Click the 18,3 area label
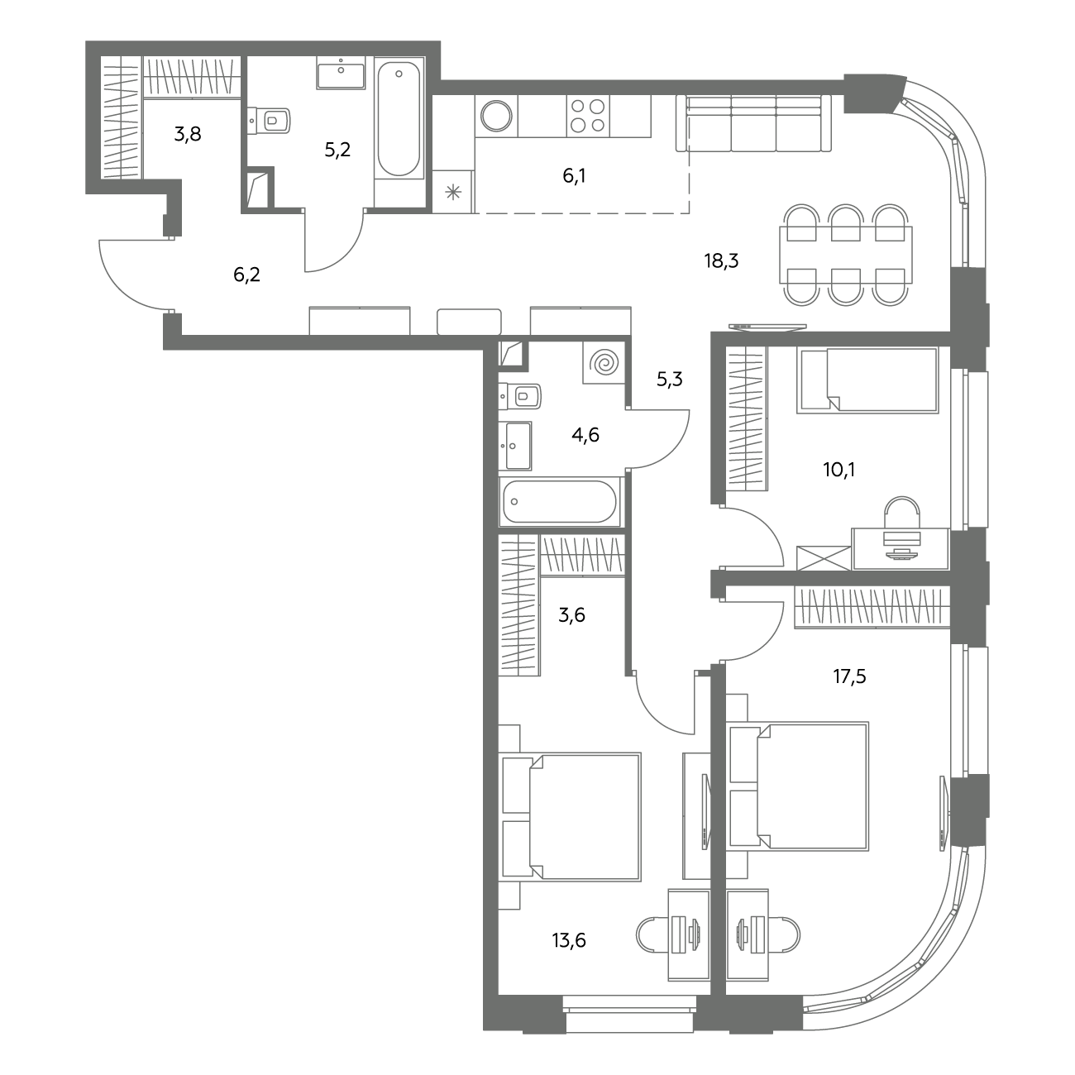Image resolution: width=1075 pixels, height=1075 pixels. (x=721, y=260)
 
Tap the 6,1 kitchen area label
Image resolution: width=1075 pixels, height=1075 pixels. (x=574, y=176)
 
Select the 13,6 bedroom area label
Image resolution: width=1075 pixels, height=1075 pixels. (x=569, y=940)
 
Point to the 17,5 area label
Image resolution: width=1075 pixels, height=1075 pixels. (x=849, y=676)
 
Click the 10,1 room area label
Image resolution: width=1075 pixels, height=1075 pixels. (x=838, y=470)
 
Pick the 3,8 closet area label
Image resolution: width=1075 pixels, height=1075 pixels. (x=188, y=134)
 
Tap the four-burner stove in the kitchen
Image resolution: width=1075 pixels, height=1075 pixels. (x=588, y=116)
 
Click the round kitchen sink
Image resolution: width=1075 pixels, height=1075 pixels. (x=496, y=116)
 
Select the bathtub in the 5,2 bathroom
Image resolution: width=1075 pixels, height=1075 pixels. (x=399, y=118)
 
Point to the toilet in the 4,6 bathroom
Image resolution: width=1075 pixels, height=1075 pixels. (x=520, y=397)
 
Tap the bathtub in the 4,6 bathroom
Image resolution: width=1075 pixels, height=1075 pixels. (x=560, y=501)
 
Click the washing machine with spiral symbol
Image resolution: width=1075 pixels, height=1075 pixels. (x=604, y=363)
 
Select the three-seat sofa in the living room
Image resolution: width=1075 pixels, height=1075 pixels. (x=753, y=123)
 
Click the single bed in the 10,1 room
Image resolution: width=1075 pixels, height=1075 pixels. (x=867, y=380)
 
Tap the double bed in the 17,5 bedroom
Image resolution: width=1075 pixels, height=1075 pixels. (x=798, y=786)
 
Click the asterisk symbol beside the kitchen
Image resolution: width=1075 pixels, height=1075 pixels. (x=453, y=193)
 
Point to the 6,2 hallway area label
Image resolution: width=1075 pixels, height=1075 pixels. (x=246, y=275)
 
